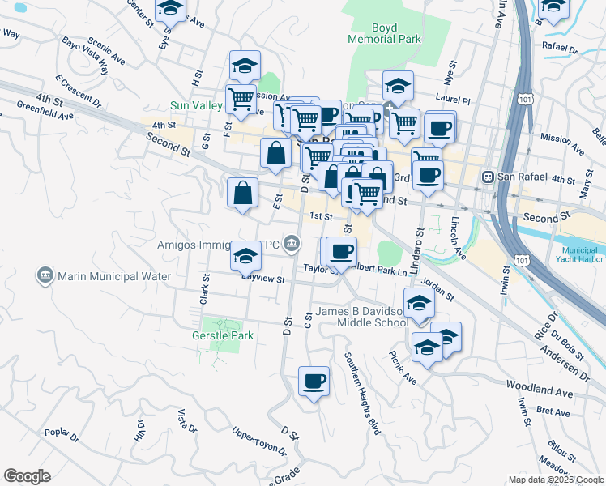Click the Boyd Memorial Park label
(373, 32)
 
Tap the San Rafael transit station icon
(489, 177)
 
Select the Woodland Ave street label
(539, 388)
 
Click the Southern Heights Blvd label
(362, 393)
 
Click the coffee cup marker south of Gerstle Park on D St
(314, 381)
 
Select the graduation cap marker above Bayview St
(245, 256)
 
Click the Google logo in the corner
(27, 476)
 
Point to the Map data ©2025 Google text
(555, 480)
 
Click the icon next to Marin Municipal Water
(45, 276)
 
